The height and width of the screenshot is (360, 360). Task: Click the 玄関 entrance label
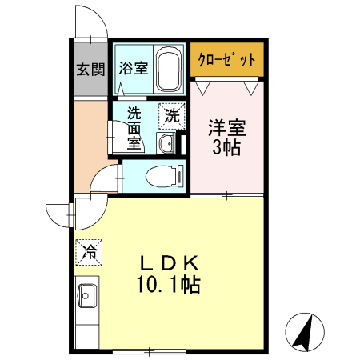click(90, 69)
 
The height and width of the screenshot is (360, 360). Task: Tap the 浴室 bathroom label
click(133, 68)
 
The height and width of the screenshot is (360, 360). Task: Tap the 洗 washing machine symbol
click(171, 115)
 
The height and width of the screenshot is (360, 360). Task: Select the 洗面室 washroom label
click(134, 128)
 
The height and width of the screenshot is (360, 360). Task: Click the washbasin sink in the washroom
click(166, 143)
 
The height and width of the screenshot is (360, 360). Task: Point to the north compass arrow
click(305, 331)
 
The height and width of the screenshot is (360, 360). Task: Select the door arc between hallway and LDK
click(105, 180)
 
